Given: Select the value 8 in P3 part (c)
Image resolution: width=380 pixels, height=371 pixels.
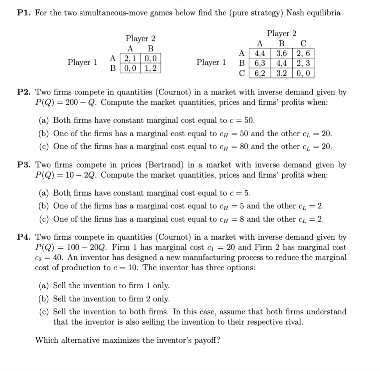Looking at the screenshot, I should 236,219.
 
